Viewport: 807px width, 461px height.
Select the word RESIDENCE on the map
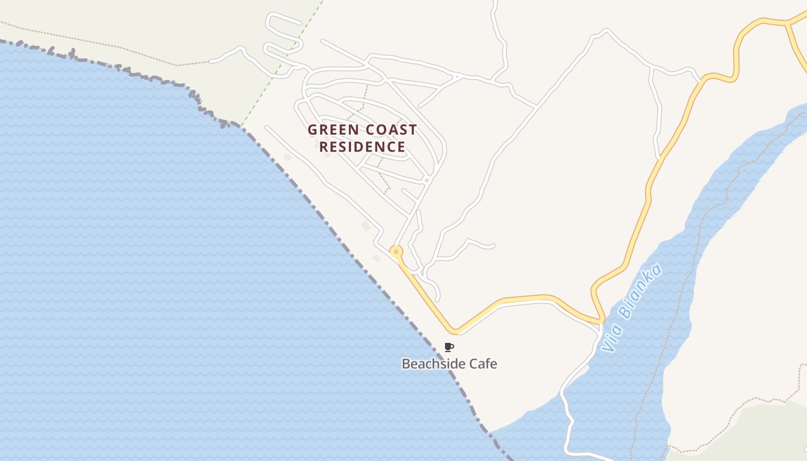[362, 146]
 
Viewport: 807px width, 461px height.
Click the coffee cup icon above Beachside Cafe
[449, 347]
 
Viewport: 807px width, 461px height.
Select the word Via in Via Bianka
[609, 339]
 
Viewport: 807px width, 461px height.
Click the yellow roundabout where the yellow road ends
[396, 252]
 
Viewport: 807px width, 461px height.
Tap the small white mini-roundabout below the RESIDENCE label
[427, 180]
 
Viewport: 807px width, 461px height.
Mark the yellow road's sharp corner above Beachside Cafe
[455, 331]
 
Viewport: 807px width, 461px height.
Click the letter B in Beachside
[406, 364]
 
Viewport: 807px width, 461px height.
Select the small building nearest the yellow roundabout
[376, 258]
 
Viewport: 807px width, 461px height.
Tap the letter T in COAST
[412, 130]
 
